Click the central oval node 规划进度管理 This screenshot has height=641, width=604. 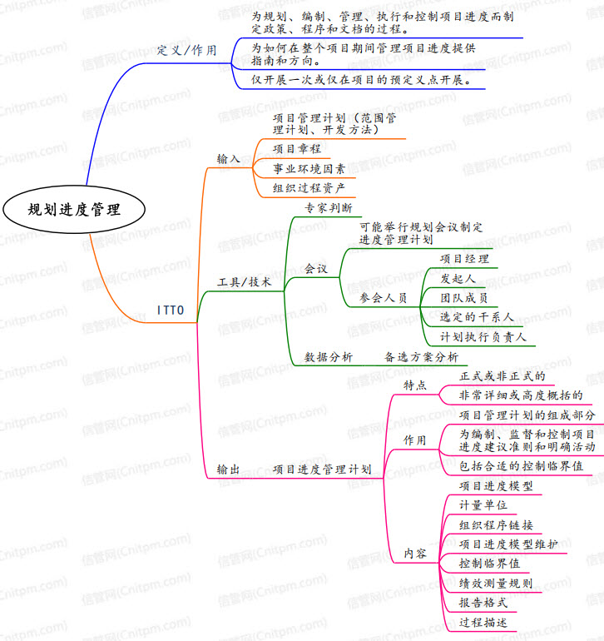pos(73,210)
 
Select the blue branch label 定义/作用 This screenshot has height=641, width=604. pos(186,50)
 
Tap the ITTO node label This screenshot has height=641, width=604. pos(176,312)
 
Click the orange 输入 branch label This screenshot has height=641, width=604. pos(228,158)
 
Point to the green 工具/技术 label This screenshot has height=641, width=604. pos(244,282)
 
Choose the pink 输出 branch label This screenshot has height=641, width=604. pos(228,470)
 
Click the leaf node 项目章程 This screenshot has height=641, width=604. pos(297,149)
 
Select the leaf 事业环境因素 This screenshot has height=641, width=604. pos(309,168)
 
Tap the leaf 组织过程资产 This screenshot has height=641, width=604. pos(309,187)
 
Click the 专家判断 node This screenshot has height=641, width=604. pos(328,207)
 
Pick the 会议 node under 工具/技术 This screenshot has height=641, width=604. pos(316,269)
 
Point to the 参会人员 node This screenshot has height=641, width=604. pos(383,297)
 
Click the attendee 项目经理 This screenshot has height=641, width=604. pos(464,258)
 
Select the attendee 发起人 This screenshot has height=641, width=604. pos(458,278)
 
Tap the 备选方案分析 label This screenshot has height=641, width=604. pos(421,356)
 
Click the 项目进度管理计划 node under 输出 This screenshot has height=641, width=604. pos(322,470)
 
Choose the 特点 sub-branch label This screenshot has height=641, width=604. pos(415,385)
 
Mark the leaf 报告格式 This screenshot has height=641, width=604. pos(483,602)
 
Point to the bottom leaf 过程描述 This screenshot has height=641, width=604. pos(483,622)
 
